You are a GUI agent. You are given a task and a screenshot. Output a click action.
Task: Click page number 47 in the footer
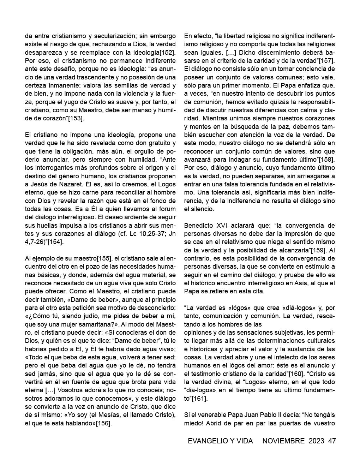pyautogui.click(x=332, y=441)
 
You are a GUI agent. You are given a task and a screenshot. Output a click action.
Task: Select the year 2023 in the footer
pyautogui.click(x=316, y=441)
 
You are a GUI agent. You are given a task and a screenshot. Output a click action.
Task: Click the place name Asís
pyautogui.click(x=298, y=283)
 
